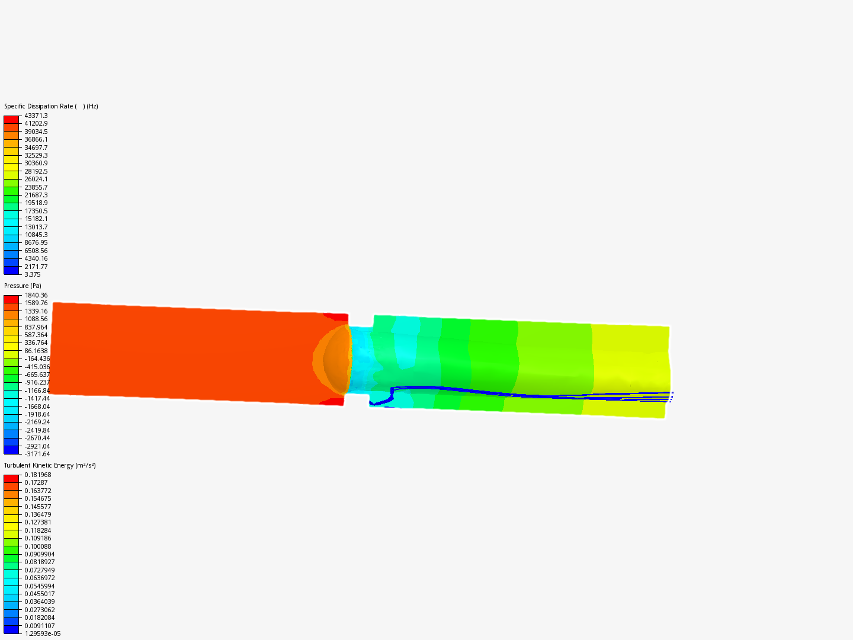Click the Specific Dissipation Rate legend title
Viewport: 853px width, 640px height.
point(51,107)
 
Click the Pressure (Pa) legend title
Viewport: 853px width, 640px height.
point(23,286)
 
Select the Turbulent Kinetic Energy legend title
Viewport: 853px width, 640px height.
point(50,465)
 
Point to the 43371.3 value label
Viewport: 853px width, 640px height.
point(36,116)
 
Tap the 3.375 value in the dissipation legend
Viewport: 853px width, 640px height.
point(33,274)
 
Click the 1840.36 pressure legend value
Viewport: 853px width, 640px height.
point(36,295)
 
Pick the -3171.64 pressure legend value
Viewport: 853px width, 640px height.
point(37,454)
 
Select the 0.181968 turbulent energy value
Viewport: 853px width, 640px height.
point(38,475)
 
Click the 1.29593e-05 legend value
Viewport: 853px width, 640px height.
point(43,633)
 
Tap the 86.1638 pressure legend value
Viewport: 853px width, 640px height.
point(36,351)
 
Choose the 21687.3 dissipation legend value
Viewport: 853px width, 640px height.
point(36,195)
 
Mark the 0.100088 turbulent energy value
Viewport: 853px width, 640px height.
point(38,546)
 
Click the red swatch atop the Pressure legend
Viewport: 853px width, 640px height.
point(11,299)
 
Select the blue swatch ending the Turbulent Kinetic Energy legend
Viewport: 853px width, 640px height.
point(11,629)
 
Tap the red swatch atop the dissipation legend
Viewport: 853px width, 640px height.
point(11,119)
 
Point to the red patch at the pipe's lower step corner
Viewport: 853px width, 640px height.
point(333,402)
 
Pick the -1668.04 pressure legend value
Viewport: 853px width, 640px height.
point(37,407)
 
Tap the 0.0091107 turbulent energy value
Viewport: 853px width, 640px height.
point(40,626)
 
